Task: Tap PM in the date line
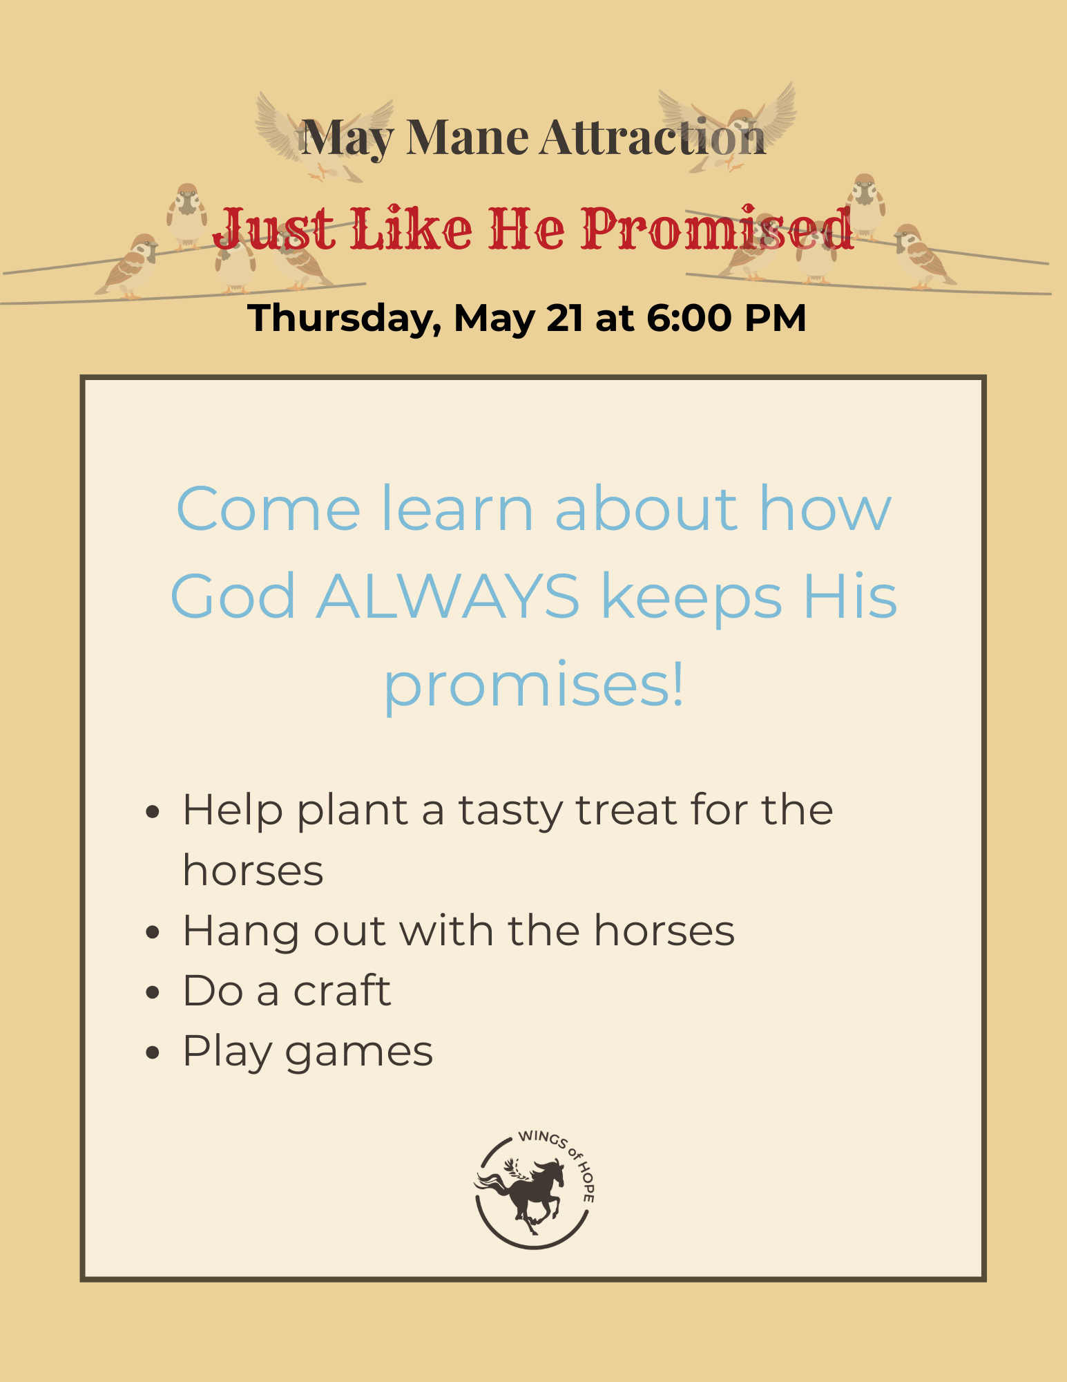[x=775, y=318]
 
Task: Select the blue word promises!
[x=534, y=685]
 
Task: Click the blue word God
[x=233, y=596]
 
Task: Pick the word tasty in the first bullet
[x=510, y=811]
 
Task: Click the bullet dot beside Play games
[x=153, y=1052]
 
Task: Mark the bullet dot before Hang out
[x=153, y=931]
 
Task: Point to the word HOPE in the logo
[x=586, y=1182]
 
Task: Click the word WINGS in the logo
[x=543, y=1139]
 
